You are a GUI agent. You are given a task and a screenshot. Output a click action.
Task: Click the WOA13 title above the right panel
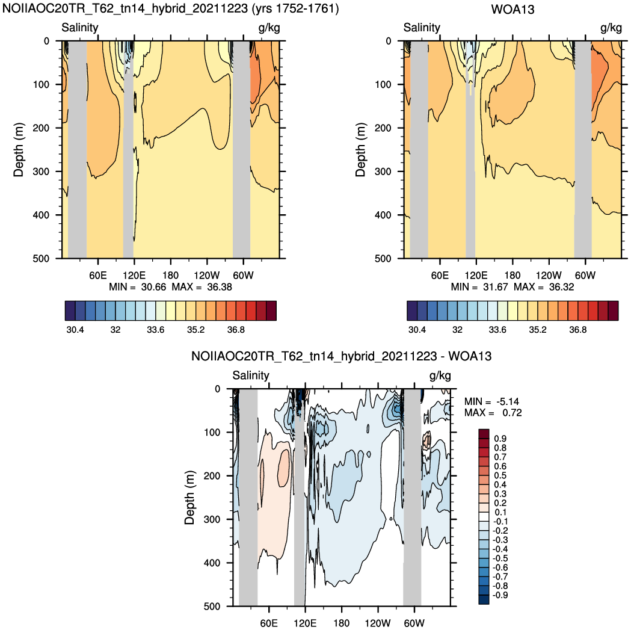512,9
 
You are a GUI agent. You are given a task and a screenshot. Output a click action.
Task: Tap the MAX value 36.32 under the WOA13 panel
561,287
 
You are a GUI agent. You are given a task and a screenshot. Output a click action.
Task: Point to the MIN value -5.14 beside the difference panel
508,402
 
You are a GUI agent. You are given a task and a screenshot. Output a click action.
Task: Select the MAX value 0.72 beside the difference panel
512,413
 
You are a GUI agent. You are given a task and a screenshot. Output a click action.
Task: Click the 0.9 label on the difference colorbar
500,439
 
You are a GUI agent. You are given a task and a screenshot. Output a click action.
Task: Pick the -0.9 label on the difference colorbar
500,595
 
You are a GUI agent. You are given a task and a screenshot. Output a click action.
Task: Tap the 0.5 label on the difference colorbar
500,475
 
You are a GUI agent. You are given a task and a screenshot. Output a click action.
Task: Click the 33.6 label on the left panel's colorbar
155,330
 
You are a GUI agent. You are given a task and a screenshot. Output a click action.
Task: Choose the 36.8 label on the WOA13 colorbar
578,330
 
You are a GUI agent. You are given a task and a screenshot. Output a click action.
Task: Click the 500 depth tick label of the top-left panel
41,259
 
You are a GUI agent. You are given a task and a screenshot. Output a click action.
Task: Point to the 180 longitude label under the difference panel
341,623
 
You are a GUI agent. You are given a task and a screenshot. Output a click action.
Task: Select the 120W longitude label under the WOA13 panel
549,276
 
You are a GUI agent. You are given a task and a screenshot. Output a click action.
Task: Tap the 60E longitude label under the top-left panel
98,276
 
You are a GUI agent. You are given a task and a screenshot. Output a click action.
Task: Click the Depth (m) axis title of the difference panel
189,498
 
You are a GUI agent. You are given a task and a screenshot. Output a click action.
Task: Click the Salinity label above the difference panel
251,375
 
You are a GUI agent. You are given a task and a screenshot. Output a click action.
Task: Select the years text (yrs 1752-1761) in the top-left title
295,8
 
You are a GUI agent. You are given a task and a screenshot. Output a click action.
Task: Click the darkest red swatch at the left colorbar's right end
271,310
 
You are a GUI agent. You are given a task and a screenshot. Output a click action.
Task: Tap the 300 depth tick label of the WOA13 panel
383,171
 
